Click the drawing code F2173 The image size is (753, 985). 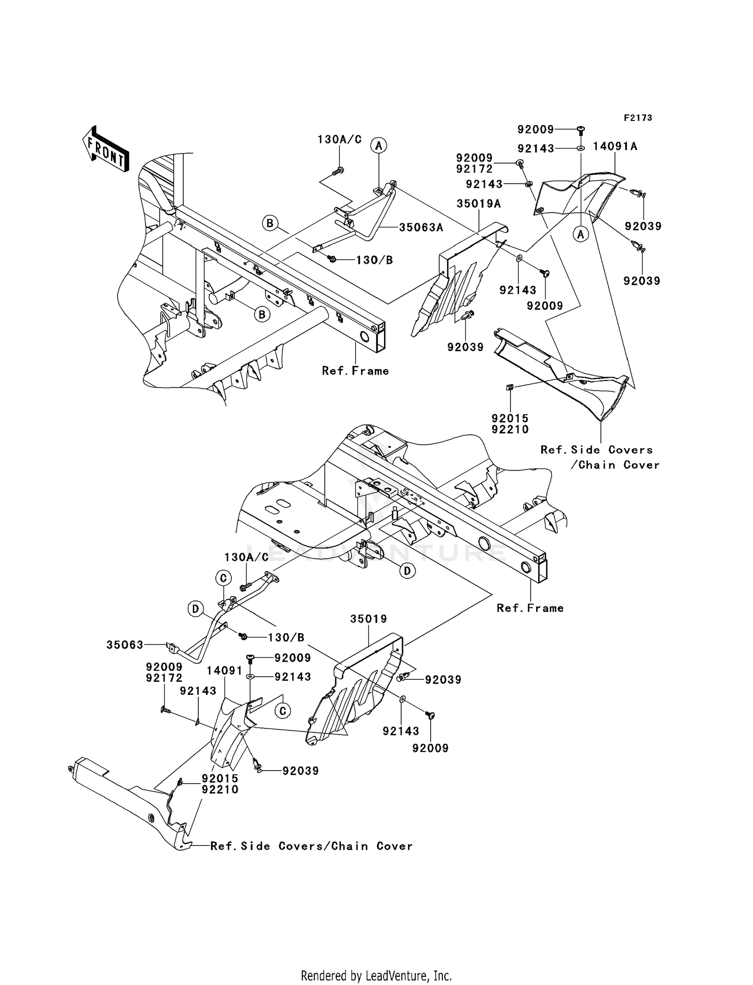(x=638, y=118)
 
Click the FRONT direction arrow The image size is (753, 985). (x=105, y=151)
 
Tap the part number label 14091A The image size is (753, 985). (x=615, y=146)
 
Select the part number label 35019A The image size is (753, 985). (x=479, y=204)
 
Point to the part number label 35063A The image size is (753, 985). (x=421, y=227)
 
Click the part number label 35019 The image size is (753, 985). (x=369, y=619)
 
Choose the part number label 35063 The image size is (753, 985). (x=125, y=645)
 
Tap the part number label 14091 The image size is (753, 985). (x=225, y=671)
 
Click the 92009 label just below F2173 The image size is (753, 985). (x=536, y=130)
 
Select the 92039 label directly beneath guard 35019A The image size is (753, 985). (x=465, y=347)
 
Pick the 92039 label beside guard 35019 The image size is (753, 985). (x=443, y=680)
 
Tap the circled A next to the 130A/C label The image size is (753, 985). (x=379, y=146)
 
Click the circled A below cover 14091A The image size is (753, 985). (x=581, y=233)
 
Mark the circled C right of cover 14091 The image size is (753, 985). (x=283, y=711)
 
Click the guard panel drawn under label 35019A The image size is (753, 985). (x=454, y=281)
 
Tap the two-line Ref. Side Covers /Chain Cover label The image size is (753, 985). (x=600, y=457)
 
